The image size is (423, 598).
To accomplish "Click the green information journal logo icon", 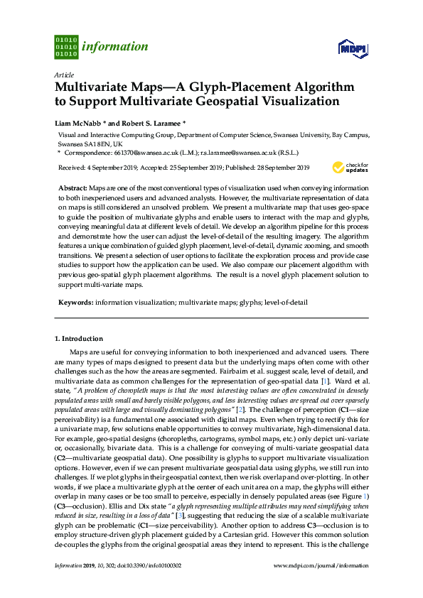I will coord(66,47).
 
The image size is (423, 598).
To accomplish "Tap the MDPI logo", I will coord(353,48).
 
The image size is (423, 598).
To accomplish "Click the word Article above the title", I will coord(63,74).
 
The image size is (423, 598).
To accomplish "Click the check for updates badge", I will coord(350,168).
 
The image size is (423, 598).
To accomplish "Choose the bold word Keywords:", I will coord(75,302).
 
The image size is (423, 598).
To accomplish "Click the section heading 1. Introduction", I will coord(79,339).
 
